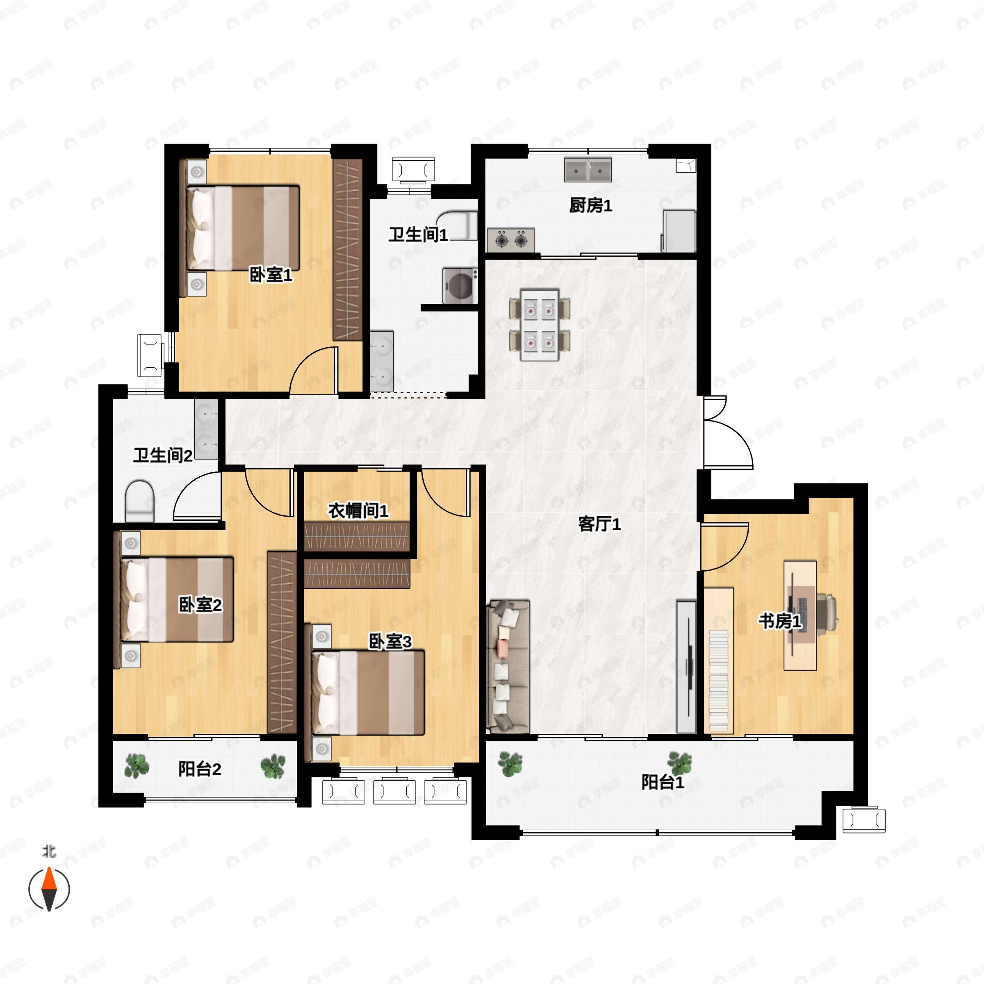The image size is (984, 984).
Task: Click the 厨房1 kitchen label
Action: point(590,205)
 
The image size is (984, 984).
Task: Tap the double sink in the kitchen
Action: point(588,170)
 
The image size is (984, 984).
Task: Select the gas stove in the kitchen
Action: point(511,240)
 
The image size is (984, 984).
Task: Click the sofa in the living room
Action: point(508,666)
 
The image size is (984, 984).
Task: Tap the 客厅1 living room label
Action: point(599,524)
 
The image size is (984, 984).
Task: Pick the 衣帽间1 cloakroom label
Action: point(358,510)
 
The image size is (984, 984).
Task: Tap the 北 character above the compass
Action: point(49,851)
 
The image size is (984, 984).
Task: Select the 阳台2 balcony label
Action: point(200,769)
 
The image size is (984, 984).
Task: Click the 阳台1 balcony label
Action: point(663,782)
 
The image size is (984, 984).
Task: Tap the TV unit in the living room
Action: point(686,667)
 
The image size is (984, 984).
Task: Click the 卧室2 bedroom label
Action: point(200,605)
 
